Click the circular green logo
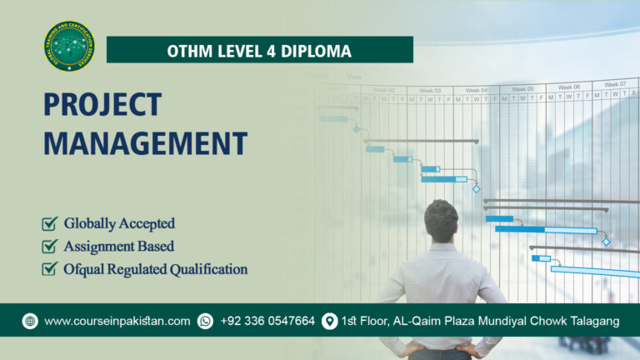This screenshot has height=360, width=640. point(69,47)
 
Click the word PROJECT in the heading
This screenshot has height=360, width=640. point(102,106)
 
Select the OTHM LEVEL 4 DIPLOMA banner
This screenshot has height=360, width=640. point(259,50)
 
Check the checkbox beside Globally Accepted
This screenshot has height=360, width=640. point(50,223)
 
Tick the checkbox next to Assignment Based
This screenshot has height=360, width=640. point(50,247)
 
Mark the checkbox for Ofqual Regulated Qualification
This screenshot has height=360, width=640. point(50,269)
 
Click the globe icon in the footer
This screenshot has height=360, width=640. point(30,321)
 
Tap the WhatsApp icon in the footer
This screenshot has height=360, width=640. point(205,321)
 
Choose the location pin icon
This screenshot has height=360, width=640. point(330,321)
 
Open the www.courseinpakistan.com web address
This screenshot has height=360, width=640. point(117,321)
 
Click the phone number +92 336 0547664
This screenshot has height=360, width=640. point(267,321)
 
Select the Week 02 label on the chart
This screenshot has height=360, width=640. point(384,90)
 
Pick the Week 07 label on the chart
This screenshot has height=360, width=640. point(616,84)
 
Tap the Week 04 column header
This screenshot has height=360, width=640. point(477,90)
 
